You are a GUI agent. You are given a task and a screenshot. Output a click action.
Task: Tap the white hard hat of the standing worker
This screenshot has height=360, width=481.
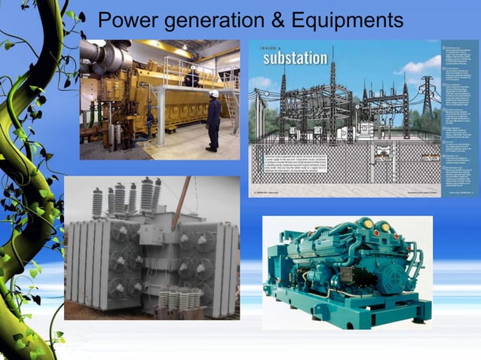click(x=215, y=94)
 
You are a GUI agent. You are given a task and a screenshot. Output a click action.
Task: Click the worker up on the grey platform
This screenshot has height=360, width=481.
click(x=193, y=76)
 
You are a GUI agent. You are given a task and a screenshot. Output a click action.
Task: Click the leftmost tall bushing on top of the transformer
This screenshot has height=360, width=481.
click(x=97, y=203)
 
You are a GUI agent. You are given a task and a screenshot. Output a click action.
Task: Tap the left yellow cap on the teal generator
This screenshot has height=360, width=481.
click(x=366, y=224)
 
